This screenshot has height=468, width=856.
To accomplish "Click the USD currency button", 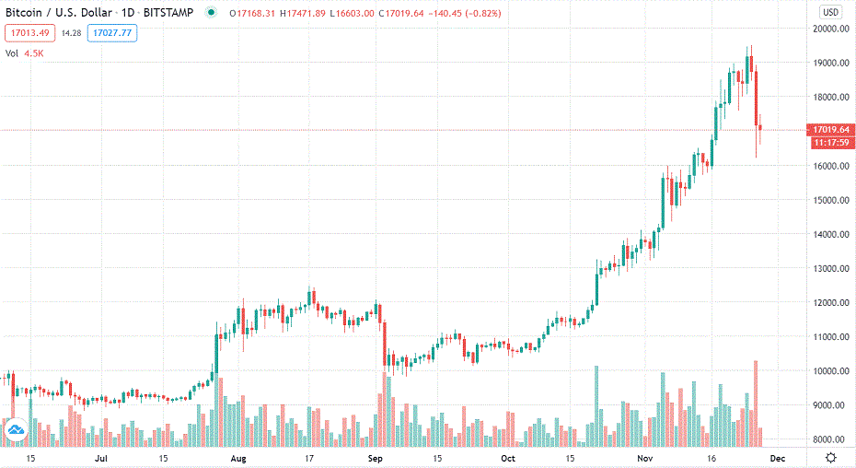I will pyautogui.click(x=831, y=12).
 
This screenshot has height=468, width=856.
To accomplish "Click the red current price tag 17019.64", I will pyautogui.click(x=830, y=130).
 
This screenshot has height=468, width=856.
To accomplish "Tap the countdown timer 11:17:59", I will pyautogui.click(x=830, y=143).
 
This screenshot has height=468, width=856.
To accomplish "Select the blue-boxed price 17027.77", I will pyautogui.click(x=108, y=33).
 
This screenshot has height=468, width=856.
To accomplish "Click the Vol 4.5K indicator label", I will pyautogui.click(x=25, y=53).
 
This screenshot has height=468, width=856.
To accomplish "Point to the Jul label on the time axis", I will pyautogui.click(x=101, y=458).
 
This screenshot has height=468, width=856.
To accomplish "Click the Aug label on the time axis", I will pyautogui.click(x=238, y=458).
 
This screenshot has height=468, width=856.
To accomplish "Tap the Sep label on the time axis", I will pyautogui.click(x=375, y=458).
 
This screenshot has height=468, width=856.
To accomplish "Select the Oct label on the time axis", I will pyautogui.click(x=507, y=458).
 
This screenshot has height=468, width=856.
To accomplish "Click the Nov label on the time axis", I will pyautogui.click(x=644, y=458).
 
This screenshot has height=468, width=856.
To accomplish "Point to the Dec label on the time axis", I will pyautogui.click(x=777, y=458).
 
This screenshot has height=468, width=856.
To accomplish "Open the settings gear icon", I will pyautogui.click(x=831, y=458).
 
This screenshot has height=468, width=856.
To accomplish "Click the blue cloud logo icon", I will pyautogui.click(x=15, y=430).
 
